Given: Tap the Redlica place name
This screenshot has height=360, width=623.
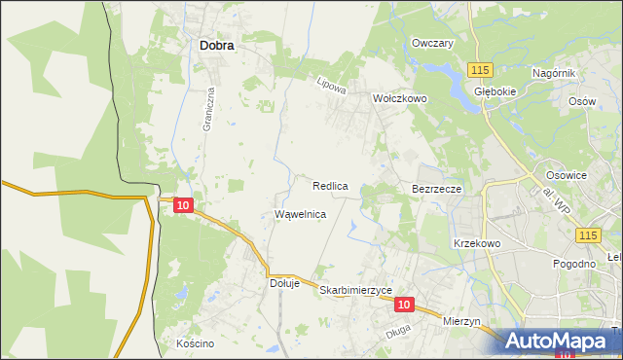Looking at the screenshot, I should (x=331, y=185).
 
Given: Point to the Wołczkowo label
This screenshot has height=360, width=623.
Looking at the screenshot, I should (x=400, y=98).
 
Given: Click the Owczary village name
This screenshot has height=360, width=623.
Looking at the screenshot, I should (x=433, y=44).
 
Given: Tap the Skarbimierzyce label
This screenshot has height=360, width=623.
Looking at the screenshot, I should (x=355, y=290).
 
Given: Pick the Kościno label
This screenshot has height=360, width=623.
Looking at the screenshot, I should (x=195, y=343).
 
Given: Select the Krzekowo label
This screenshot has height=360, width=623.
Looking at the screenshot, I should (x=476, y=243).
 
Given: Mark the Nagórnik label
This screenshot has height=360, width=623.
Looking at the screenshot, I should (x=555, y=73).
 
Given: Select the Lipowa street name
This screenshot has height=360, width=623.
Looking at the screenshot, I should (x=332, y=86).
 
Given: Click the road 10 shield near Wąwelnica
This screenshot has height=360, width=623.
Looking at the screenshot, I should (x=184, y=204).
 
